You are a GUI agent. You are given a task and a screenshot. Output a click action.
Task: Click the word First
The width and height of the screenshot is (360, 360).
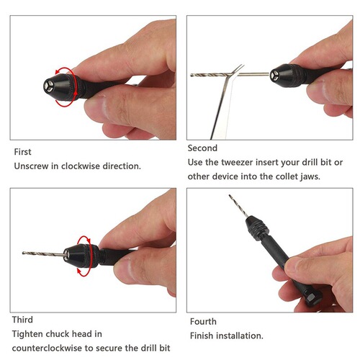[x=22, y=152]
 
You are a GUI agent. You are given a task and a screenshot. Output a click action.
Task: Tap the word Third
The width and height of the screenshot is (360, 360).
[x=22, y=319]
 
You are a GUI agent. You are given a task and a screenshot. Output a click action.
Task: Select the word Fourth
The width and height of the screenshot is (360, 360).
[x=204, y=322]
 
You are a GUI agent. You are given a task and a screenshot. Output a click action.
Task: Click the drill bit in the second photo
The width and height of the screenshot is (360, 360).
[x=216, y=73]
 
